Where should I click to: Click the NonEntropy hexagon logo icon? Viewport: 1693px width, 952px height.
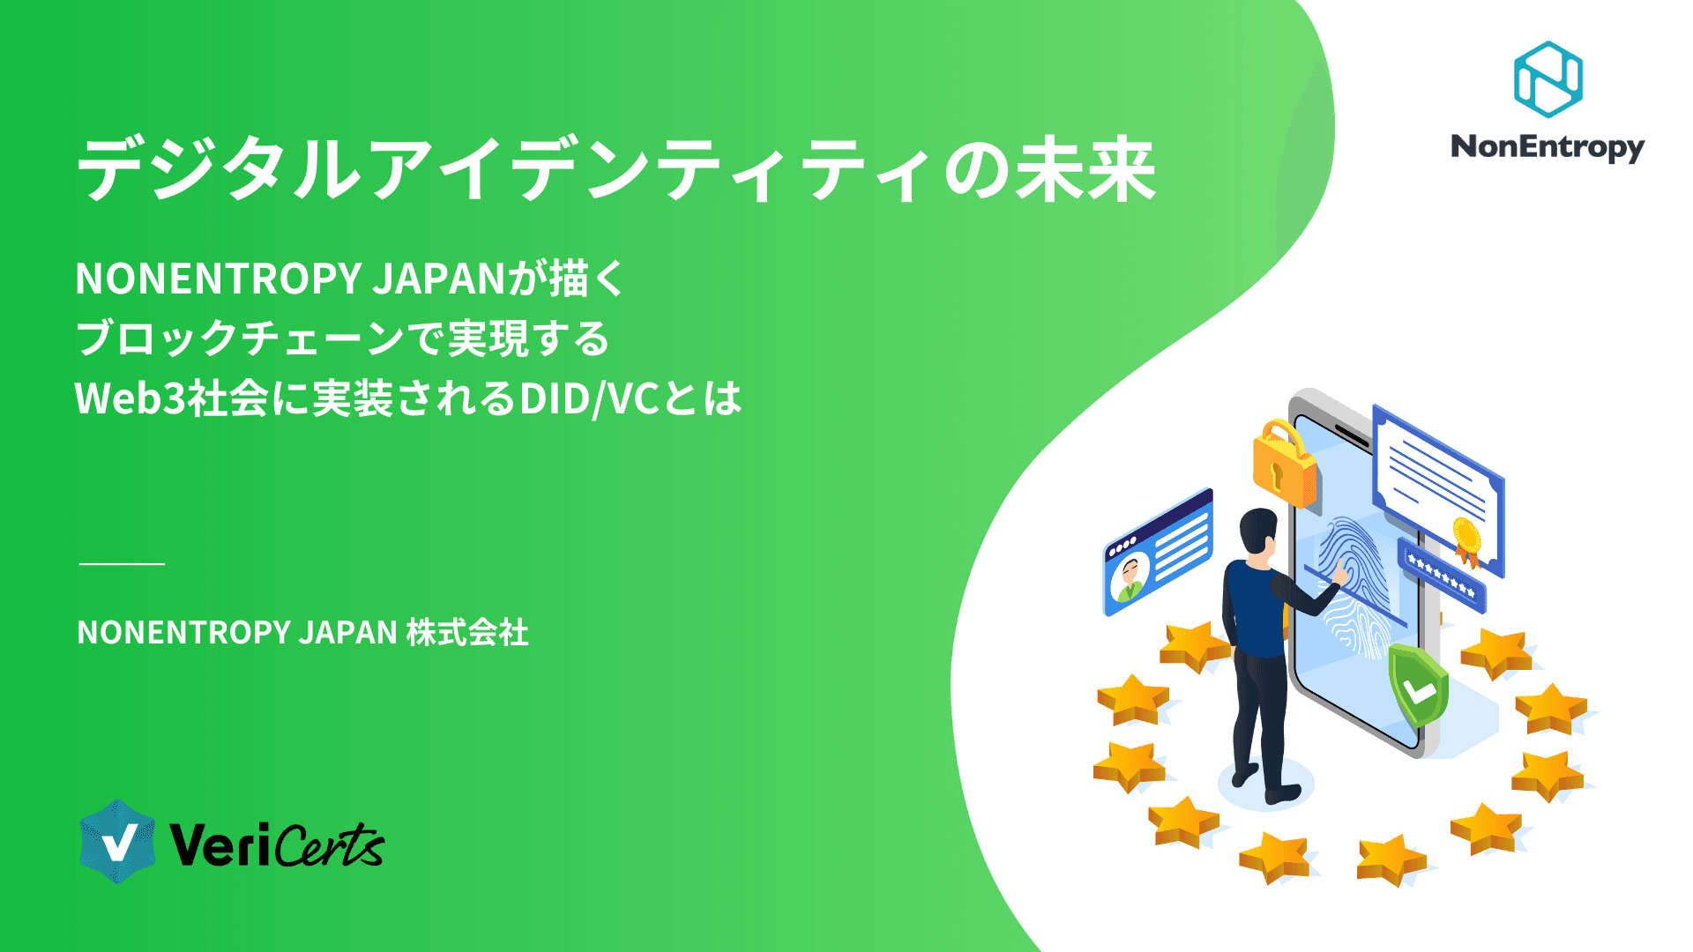(1548, 79)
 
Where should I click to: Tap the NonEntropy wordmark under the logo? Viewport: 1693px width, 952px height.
(1548, 146)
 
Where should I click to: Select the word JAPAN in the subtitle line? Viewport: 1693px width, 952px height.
(437, 279)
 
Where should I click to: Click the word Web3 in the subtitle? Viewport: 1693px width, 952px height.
(130, 398)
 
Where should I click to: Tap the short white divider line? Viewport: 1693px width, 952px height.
(122, 563)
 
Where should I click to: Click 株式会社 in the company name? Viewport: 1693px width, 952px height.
(467, 633)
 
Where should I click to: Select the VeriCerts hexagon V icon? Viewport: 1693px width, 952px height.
(117, 842)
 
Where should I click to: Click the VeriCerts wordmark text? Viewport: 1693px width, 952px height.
(276, 845)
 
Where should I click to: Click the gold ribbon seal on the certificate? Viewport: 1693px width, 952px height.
(1466, 538)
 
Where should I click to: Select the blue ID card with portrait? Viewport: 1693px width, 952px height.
(1158, 553)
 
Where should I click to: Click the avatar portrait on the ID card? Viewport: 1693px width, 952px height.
(1129, 577)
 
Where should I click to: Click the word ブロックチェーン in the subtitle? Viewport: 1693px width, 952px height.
(238, 338)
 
